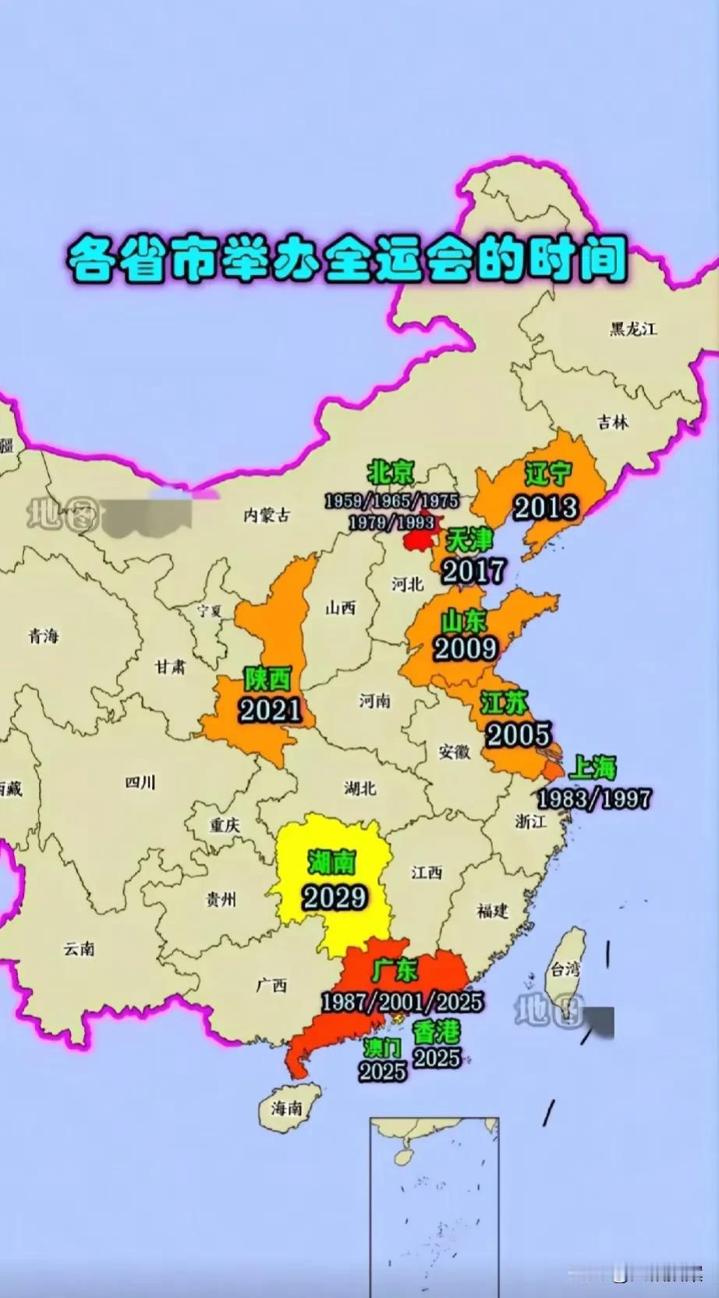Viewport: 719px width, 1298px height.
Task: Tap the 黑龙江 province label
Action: pos(632,329)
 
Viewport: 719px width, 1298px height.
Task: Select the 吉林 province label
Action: pos(613,422)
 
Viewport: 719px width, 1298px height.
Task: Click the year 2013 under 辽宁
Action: pos(546,507)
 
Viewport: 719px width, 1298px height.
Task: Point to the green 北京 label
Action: pos(391,472)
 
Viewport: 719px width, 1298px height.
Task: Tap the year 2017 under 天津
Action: pos(473,571)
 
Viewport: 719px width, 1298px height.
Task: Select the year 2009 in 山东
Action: pos(466,648)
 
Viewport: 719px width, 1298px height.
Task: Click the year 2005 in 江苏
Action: pos(518,734)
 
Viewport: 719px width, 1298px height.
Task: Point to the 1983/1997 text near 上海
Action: pos(593,798)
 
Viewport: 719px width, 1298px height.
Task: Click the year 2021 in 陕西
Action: pos(270,709)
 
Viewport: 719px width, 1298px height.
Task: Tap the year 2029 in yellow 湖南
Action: pos(335,897)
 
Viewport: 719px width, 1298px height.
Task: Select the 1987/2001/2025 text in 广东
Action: pos(402,1001)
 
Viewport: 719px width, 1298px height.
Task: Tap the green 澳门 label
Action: pos(381,1047)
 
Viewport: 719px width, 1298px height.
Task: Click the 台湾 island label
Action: pos(565,969)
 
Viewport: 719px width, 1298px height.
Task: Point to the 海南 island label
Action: pos(287,1108)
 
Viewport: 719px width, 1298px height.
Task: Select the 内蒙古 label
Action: pos(266,514)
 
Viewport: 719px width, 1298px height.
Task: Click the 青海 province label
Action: pos(44,635)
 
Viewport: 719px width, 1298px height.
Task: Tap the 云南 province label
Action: pos(79,948)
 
